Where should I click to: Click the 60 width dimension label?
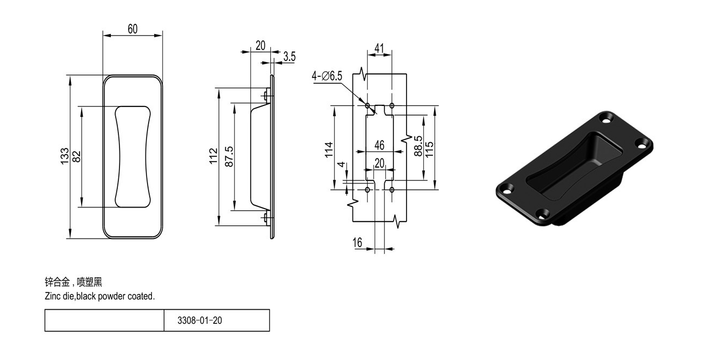point(132,29)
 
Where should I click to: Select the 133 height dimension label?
point(65,156)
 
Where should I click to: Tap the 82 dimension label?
point(77,157)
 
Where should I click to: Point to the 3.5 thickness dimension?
point(289,57)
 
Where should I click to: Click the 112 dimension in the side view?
point(214,156)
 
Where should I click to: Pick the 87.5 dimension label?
point(229,157)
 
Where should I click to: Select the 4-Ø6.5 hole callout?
point(327,76)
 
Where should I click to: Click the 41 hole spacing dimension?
point(379,48)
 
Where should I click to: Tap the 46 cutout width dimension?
point(379,145)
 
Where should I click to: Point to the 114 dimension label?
point(329,150)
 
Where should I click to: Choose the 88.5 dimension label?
point(418,146)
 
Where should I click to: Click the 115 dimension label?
point(429,150)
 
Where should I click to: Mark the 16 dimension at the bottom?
point(357,243)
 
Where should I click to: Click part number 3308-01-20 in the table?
point(199,321)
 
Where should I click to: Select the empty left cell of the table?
point(104,321)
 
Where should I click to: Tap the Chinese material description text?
point(74,282)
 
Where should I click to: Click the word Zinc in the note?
point(52,296)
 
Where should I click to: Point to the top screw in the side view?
point(266,96)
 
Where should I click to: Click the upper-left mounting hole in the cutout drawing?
point(368,105)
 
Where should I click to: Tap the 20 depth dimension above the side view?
point(261,45)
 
